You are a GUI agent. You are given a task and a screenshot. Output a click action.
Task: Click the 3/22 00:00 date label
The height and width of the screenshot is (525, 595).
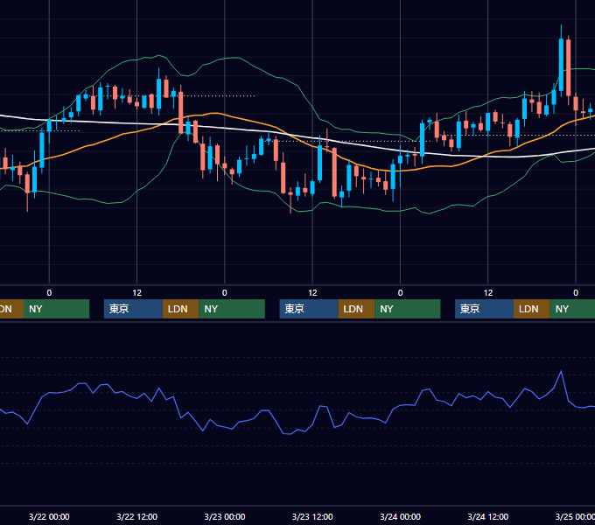[x=49, y=516]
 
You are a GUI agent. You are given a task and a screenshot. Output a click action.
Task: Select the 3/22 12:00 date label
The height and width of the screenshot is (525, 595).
[x=136, y=516]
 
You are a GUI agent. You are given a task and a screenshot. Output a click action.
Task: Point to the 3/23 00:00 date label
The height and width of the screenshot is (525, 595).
[x=225, y=516]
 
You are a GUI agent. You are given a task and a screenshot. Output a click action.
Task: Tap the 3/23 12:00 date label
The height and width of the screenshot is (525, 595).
[x=312, y=516]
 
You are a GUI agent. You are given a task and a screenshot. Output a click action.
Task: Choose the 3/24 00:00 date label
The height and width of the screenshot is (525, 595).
[x=401, y=516]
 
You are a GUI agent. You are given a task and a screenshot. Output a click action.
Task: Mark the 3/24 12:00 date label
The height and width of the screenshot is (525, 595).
[x=488, y=516]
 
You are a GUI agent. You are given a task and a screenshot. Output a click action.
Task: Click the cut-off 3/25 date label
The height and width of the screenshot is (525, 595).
[x=575, y=516]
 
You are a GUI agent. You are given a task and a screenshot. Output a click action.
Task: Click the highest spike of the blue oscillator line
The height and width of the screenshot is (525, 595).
[x=561, y=371]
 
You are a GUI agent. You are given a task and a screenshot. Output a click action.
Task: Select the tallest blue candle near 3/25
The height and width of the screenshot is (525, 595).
[x=561, y=65]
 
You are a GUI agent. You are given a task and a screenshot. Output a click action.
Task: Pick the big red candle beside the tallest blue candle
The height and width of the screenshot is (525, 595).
[x=569, y=67]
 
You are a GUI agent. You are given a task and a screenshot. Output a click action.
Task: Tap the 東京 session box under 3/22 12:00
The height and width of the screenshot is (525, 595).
[x=133, y=309]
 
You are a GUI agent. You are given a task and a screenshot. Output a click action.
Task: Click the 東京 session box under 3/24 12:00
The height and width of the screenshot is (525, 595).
[x=484, y=309]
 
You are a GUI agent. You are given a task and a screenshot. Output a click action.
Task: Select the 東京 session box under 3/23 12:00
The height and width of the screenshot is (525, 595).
[x=309, y=309]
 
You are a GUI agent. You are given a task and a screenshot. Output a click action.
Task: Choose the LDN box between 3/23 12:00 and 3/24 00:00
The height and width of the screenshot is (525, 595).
[x=356, y=309]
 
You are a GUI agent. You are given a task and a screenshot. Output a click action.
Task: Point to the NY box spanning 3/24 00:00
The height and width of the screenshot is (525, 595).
[x=408, y=309]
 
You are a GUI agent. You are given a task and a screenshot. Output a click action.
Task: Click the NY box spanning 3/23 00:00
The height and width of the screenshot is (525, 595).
[x=232, y=309]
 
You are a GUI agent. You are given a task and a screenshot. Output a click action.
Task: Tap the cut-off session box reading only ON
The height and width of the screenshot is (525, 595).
[x=11, y=309]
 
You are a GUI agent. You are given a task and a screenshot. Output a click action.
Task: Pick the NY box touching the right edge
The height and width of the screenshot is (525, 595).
[x=572, y=309]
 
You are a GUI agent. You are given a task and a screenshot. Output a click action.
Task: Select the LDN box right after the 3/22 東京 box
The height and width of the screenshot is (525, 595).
[x=180, y=309]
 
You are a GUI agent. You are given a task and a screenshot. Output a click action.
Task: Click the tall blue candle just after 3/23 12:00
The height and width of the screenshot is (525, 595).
[x=320, y=163]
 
